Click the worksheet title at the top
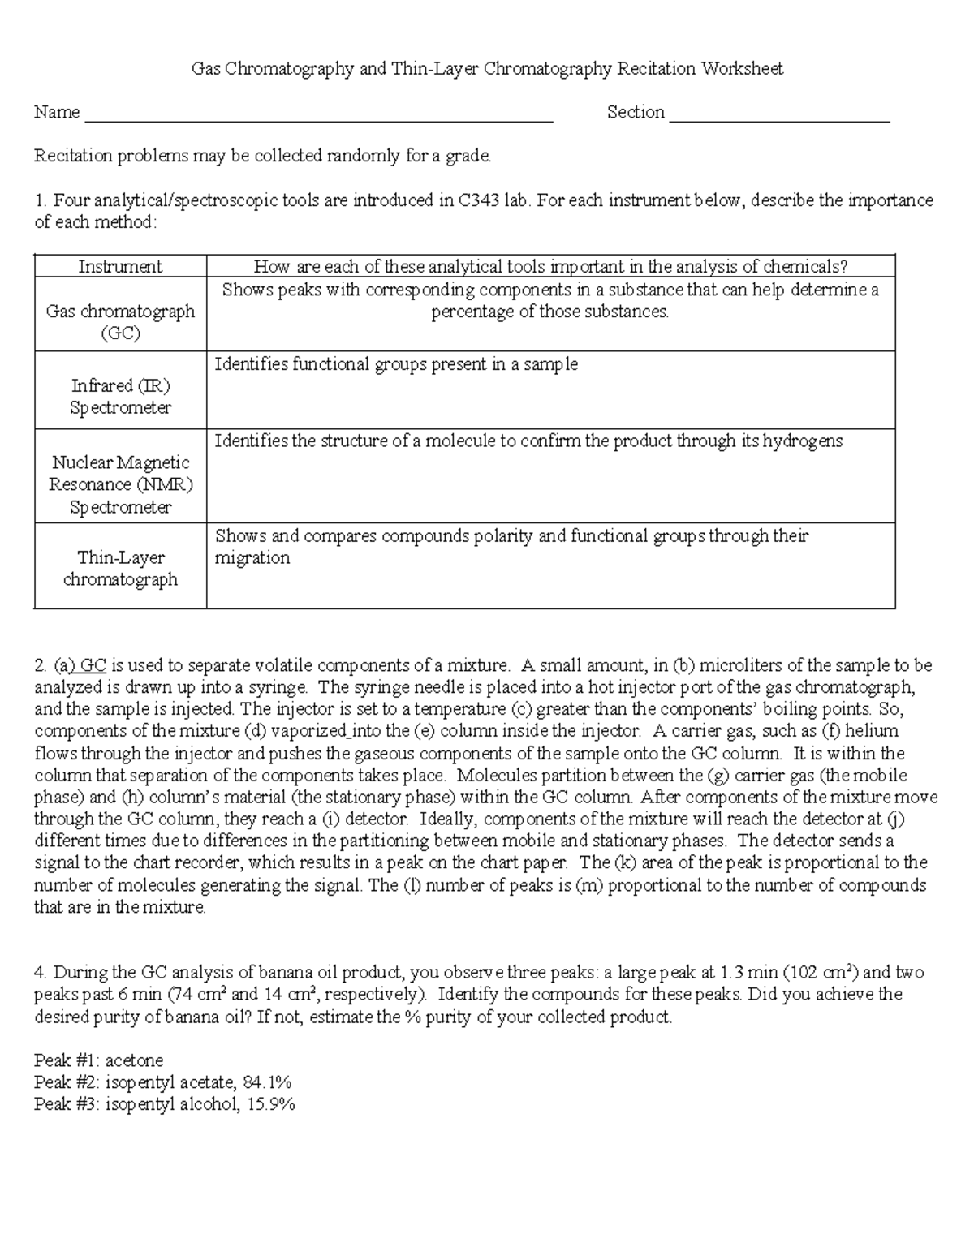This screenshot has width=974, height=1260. [x=487, y=69]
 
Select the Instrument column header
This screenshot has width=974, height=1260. [x=120, y=267]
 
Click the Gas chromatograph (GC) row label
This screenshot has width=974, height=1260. [x=120, y=322]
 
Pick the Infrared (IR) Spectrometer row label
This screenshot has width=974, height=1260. [x=120, y=397]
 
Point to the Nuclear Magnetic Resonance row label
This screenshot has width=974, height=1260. [x=120, y=484]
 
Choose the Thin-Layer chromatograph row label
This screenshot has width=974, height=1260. [x=120, y=569]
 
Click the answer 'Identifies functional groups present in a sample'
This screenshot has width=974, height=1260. [x=396, y=364]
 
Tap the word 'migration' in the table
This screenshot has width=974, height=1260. [x=252, y=558]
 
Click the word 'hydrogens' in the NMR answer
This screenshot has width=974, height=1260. [x=804, y=441]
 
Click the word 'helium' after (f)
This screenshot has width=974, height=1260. [x=871, y=731]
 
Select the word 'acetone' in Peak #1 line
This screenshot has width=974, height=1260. [x=135, y=1060]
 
